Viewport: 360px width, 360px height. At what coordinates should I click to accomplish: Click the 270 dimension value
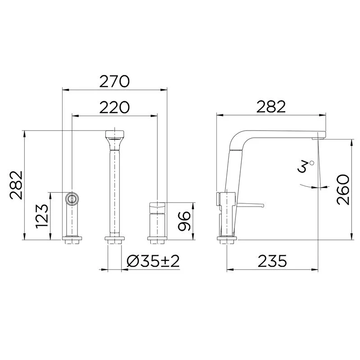click(114, 81)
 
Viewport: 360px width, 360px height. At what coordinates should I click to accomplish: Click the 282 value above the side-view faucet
click(271, 107)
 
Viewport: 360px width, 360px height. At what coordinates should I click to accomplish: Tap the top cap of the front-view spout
click(114, 135)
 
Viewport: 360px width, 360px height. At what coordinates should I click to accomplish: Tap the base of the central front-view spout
click(114, 238)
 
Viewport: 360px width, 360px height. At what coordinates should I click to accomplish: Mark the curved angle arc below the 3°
click(310, 185)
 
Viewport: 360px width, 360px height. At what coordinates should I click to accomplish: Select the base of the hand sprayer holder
click(72, 238)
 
